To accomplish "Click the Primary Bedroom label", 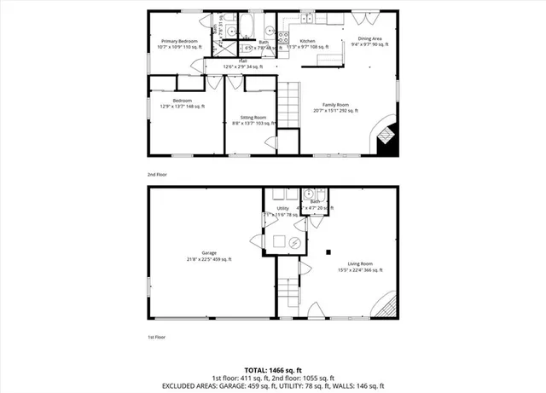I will [x=177, y=41].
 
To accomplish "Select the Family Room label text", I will [x=335, y=104].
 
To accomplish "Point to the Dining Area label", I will [x=369, y=38].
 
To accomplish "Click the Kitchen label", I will [x=307, y=41].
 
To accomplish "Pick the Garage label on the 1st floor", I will [x=209, y=254].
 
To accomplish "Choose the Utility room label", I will [x=282, y=208].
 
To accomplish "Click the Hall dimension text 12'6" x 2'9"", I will [x=242, y=66].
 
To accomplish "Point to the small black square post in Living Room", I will [x=329, y=251].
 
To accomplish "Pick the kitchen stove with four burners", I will [x=285, y=37].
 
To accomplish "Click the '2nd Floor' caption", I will [x=156, y=174].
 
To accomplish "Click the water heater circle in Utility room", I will [x=294, y=242].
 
